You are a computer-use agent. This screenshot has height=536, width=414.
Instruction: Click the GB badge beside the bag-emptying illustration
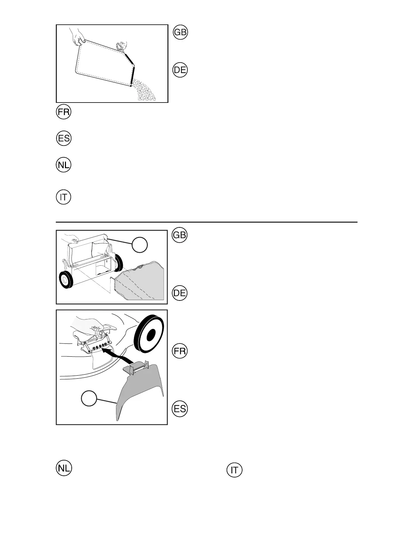[180, 32]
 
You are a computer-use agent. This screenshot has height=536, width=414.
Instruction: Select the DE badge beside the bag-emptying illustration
[180, 70]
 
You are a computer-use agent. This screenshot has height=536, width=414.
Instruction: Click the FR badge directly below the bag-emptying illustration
[64, 112]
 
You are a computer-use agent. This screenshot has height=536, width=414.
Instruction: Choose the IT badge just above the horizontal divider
[64, 197]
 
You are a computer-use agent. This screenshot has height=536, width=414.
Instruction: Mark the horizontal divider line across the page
[206, 222]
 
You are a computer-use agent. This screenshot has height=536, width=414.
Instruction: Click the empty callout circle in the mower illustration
[140, 245]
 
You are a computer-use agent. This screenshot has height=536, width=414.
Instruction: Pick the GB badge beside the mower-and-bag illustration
[180, 235]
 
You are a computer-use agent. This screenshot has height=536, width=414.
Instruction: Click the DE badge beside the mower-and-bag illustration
[180, 293]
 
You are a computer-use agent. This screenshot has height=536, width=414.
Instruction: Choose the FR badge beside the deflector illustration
[180, 351]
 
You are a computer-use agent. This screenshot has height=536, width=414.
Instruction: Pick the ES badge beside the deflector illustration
[180, 409]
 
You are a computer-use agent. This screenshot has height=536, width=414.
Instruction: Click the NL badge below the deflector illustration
[64, 468]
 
